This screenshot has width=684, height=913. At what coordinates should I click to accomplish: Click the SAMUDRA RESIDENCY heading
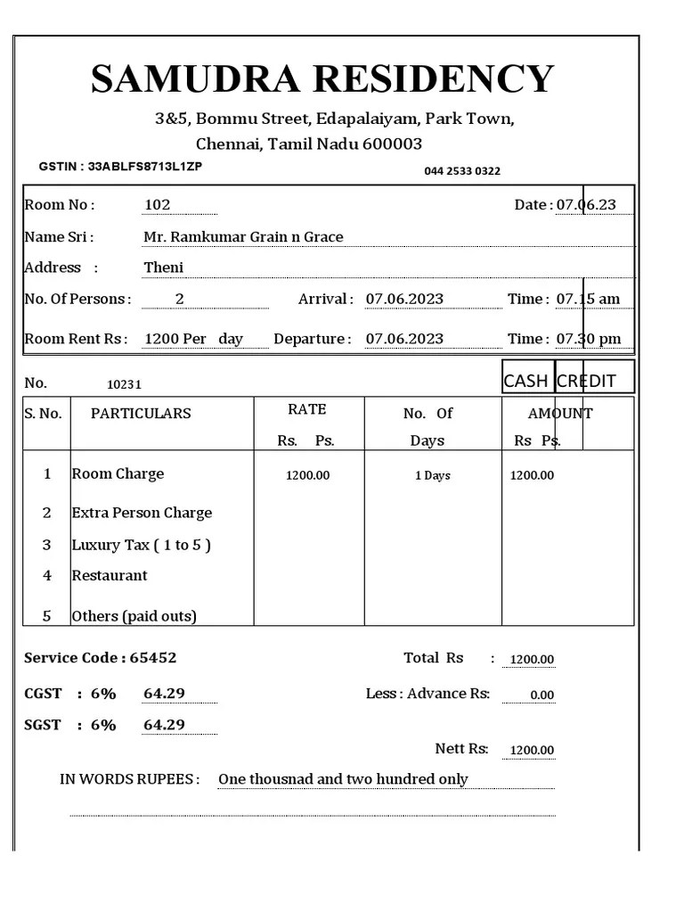click(322, 78)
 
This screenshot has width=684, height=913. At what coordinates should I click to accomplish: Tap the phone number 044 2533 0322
click(461, 171)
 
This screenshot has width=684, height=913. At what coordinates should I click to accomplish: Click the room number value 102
click(157, 205)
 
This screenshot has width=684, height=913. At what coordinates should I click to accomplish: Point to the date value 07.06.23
click(586, 205)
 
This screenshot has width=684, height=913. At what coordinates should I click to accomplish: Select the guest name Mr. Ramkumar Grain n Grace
click(243, 237)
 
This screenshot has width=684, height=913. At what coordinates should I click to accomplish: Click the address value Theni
click(163, 267)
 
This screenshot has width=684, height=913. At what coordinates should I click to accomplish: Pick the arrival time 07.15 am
click(588, 299)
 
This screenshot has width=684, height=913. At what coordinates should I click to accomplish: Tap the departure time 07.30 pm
click(588, 339)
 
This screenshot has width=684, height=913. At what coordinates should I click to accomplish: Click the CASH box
click(526, 381)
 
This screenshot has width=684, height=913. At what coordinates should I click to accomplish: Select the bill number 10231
click(124, 385)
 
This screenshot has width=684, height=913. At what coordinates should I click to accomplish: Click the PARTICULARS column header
click(141, 414)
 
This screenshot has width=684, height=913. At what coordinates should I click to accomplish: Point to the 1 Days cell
click(433, 476)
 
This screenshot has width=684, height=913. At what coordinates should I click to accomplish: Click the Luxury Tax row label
click(141, 545)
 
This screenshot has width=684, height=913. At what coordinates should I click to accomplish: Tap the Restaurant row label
click(110, 576)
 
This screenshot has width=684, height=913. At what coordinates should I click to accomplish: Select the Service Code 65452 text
click(100, 658)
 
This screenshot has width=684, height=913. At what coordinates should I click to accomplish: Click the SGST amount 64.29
click(164, 725)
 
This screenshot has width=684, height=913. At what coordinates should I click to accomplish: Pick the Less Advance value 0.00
click(541, 695)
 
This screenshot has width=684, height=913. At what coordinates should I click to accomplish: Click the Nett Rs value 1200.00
click(532, 751)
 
